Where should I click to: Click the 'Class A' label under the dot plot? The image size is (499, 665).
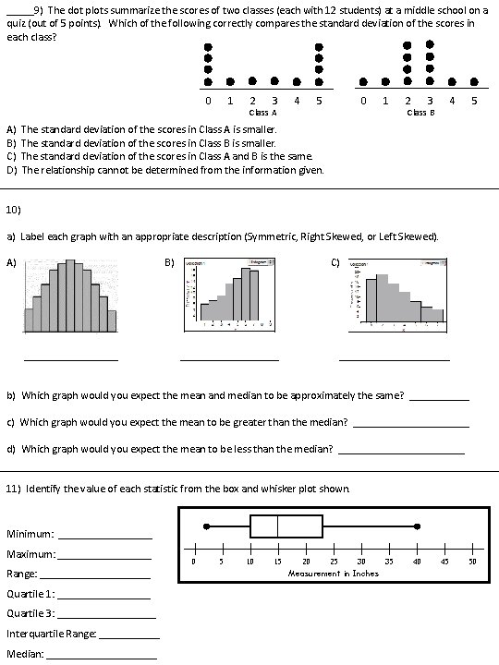263,112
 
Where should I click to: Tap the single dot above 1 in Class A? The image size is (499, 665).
230,80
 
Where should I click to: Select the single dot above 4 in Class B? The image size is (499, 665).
451,80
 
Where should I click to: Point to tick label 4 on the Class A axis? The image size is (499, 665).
296,100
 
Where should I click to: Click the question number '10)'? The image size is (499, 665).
14,207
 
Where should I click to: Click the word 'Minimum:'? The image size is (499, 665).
31,533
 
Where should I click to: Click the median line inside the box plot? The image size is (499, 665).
278,526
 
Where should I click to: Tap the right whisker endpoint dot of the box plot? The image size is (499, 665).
418,526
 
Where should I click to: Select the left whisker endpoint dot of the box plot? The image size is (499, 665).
207,526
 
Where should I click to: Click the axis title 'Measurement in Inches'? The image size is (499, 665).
333,573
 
